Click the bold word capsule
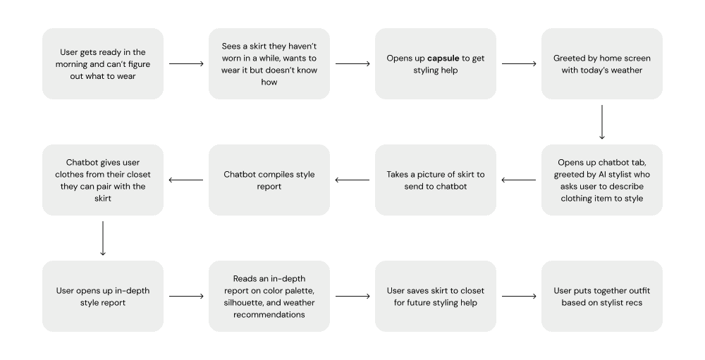pos(443,58)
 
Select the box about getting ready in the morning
pos(103,63)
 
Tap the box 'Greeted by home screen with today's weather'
pos(601,63)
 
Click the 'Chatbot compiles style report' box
pos(269,180)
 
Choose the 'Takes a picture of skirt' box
pos(435,180)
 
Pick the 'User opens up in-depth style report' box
pos(103,296)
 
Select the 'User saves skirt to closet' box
pos(435,296)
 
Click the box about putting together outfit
pos(601,296)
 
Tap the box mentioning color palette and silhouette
pos(269,296)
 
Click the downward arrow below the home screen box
pos(601,122)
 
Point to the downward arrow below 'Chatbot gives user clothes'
pos(103,238)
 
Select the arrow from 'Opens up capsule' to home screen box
pos(518,63)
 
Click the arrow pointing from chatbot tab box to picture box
pos(518,180)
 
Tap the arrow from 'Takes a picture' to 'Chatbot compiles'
pos(352,180)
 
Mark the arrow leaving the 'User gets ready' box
pos(186,63)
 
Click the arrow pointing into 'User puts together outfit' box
pos(518,296)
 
